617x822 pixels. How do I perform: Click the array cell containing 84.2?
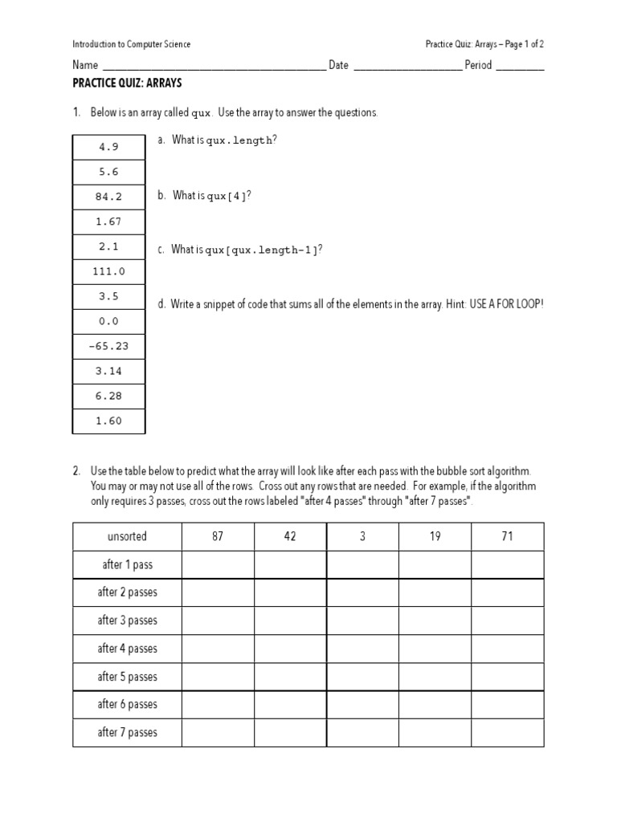point(108,197)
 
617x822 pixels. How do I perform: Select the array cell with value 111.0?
point(108,271)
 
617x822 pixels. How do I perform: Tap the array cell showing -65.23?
point(108,347)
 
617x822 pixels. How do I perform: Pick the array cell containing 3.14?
point(108,372)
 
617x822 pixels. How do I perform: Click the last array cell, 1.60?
point(108,421)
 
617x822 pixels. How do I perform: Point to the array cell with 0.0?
point(108,321)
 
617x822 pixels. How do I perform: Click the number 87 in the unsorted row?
point(218,536)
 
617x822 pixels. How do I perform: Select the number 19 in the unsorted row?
point(435,536)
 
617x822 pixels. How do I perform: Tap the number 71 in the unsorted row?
point(507,536)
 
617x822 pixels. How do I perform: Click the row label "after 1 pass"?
point(127,564)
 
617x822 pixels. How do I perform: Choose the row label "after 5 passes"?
point(127,677)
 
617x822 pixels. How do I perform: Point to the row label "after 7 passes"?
point(127,732)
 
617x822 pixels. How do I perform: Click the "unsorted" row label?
point(127,536)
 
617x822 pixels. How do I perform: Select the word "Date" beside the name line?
point(338,65)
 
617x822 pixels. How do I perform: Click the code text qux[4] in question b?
point(227,196)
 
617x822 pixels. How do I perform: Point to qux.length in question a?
point(239,140)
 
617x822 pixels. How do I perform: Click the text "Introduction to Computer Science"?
point(132,44)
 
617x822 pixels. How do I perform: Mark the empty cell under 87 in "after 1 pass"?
point(218,564)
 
